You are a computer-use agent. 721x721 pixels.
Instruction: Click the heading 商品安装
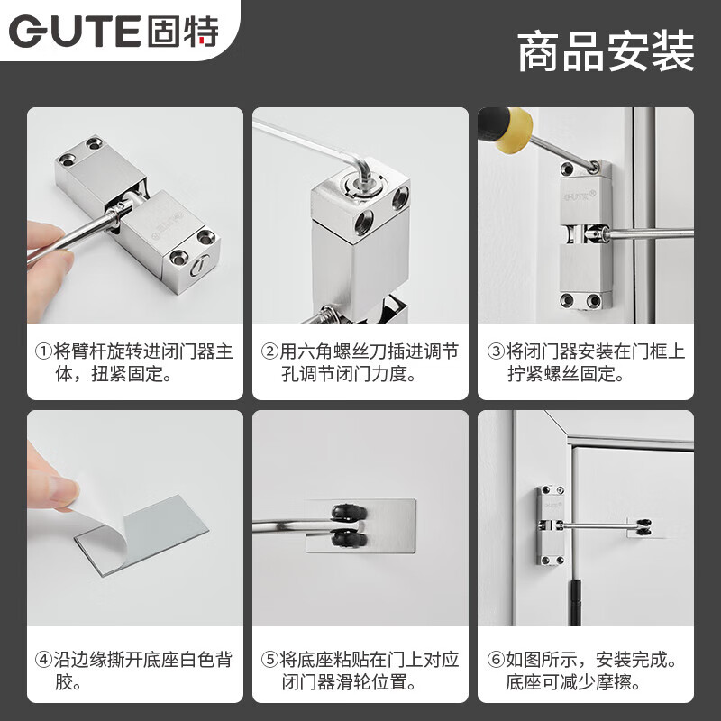coord(606,50)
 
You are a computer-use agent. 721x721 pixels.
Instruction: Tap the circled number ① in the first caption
coord(44,351)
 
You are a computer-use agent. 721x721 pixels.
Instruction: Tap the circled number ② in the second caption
coord(269,351)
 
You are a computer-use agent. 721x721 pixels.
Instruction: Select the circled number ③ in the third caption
coord(495,351)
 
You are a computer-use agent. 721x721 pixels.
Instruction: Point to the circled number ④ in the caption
coord(44,659)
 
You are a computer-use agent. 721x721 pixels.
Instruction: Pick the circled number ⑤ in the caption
coord(269,659)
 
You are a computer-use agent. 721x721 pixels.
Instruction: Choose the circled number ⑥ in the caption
coord(495,659)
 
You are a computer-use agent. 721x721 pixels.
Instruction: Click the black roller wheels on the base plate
coord(347,526)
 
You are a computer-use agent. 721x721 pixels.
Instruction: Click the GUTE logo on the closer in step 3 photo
coord(577,192)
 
